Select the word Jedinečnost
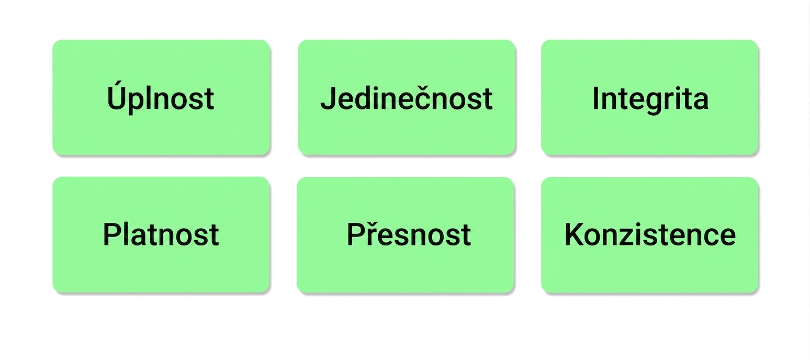(406, 98)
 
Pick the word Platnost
(161, 234)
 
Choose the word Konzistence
(650, 234)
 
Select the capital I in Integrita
(595, 98)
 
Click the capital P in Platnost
(112, 234)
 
